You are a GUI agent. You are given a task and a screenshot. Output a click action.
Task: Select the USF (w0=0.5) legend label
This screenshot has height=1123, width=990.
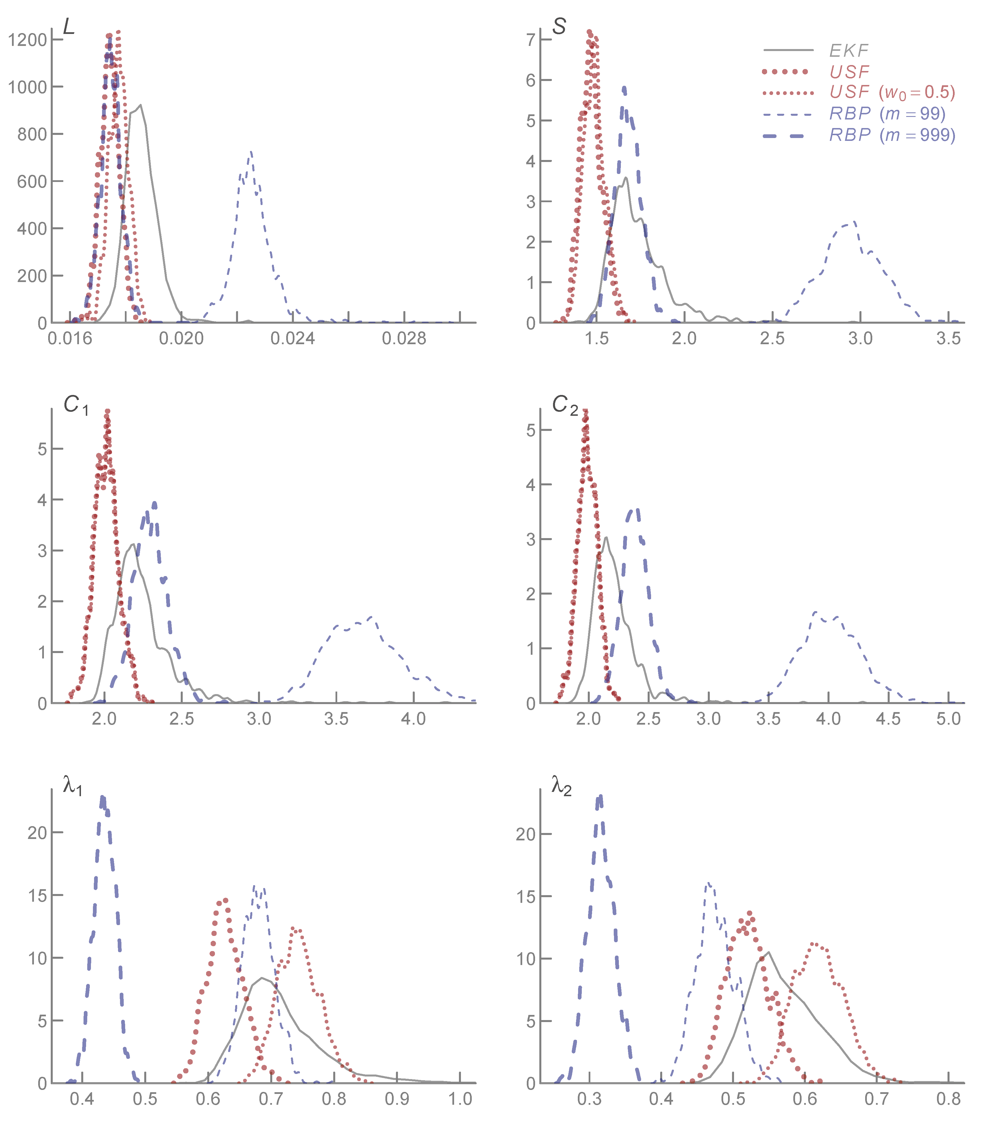[x=892, y=92]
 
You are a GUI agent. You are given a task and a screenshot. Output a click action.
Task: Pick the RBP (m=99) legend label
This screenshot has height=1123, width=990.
[x=887, y=114]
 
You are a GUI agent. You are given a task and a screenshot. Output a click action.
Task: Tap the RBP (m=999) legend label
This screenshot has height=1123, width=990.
[x=892, y=135]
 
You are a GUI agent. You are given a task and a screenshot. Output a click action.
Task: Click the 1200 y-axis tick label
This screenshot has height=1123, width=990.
[x=27, y=40]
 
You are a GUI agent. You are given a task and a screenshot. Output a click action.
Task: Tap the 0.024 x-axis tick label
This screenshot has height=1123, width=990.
[x=293, y=338]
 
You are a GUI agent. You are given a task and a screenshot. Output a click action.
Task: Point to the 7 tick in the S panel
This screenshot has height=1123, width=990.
[x=530, y=40]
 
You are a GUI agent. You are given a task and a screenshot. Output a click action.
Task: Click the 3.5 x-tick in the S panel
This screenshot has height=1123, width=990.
[x=948, y=338]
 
